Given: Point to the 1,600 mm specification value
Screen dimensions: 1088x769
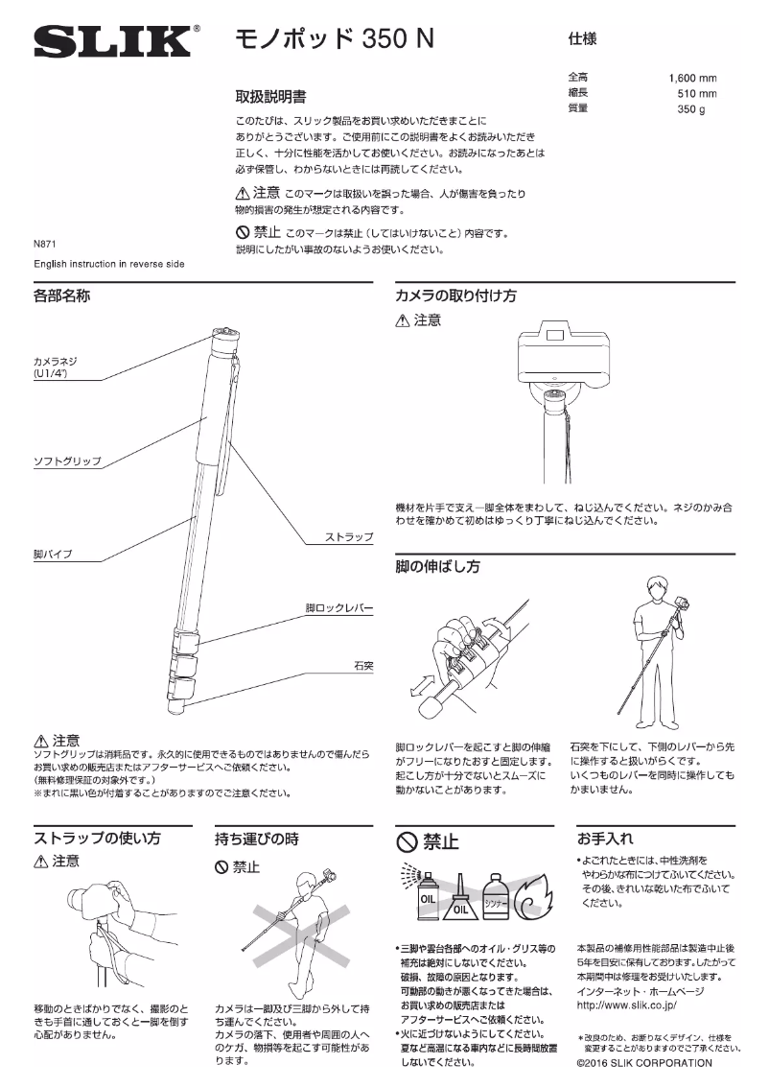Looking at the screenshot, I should point(692,78).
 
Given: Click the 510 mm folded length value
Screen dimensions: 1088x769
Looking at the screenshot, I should point(697,94).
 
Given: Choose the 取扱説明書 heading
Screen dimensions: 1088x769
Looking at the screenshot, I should point(271,97).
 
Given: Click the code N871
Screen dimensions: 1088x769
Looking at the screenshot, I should point(46,245).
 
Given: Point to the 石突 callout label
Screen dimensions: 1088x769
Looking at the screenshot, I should point(361,664).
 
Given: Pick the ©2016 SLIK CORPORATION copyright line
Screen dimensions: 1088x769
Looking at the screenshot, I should point(644,1063).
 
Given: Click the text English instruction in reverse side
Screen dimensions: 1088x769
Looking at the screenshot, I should point(109,263).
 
